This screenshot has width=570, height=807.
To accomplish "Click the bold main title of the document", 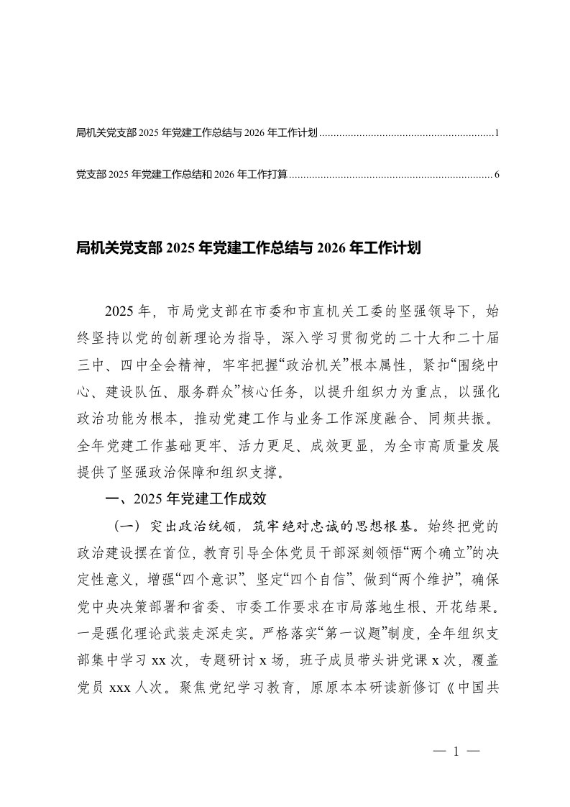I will click(247, 249).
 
